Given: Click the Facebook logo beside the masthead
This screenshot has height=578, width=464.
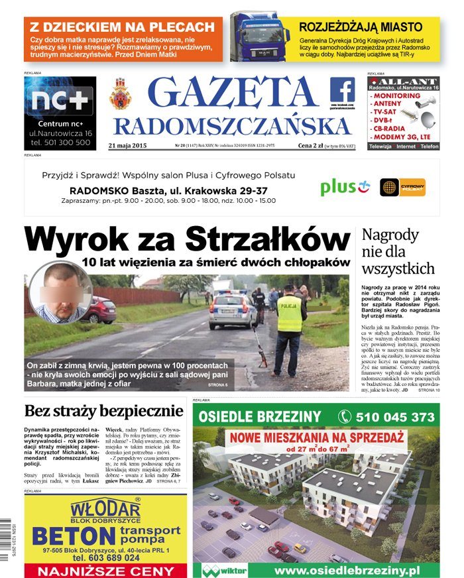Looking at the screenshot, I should tap(342, 89).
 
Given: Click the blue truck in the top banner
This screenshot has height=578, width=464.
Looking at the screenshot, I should tap(260, 38).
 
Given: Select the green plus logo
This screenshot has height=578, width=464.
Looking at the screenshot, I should tap(344, 188).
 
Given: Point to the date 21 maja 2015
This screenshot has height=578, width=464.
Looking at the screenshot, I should tap(127, 145).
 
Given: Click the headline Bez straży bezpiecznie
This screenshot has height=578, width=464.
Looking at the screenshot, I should tap(104, 411).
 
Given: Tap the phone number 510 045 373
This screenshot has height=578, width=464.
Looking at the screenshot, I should tap(385, 417).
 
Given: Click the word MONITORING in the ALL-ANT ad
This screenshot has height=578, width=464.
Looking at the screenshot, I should tap(396, 96).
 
